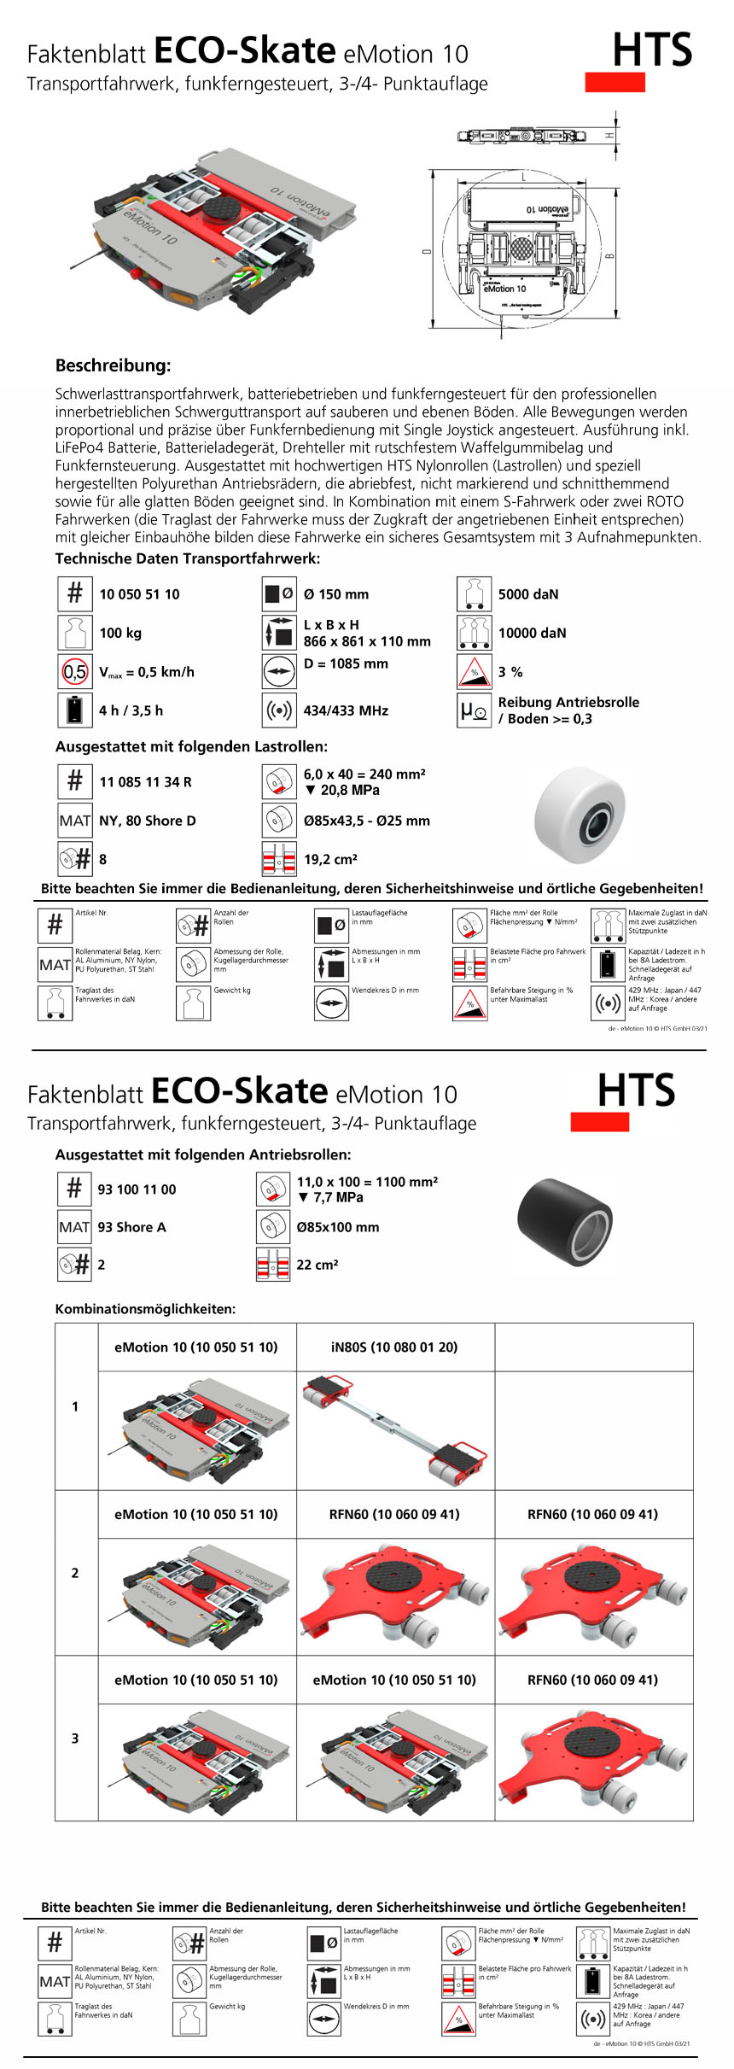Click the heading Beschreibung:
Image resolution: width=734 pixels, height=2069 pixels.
click(x=113, y=365)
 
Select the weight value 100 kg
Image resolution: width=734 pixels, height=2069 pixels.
click(x=120, y=633)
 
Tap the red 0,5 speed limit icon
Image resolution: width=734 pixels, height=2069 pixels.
click(x=75, y=672)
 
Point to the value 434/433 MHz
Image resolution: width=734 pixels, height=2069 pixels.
click(x=346, y=710)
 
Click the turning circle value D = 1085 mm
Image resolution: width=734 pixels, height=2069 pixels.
click(x=346, y=663)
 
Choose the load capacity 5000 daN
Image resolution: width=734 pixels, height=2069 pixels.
click(x=528, y=594)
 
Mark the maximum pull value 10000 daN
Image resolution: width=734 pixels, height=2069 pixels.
click(x=532, y=633)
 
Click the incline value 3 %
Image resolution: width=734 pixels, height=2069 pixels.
click(x=510, y=672)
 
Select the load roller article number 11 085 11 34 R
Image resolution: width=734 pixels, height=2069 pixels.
click(x=145, y=782)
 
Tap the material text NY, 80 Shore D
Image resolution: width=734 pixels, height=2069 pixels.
click(x=147, y=821)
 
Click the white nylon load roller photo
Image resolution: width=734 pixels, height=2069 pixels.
click(x=580, y=814)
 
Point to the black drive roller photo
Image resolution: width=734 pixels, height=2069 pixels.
click(x=565, y=1222)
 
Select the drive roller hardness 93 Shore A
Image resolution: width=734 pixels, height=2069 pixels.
click(x=131, y=1227)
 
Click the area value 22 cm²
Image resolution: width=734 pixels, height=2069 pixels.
click(x=317, y=1265)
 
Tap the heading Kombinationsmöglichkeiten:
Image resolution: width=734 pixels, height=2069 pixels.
click(x=145, y=1309)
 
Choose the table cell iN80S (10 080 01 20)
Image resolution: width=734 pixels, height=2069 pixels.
click(x=394, y=1347)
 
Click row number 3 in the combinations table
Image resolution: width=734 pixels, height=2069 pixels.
click(x=75, y=1739)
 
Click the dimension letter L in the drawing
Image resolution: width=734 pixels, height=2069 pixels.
click(x=523, y=177)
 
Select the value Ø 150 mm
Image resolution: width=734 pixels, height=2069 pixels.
click(x=336, y=594)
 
